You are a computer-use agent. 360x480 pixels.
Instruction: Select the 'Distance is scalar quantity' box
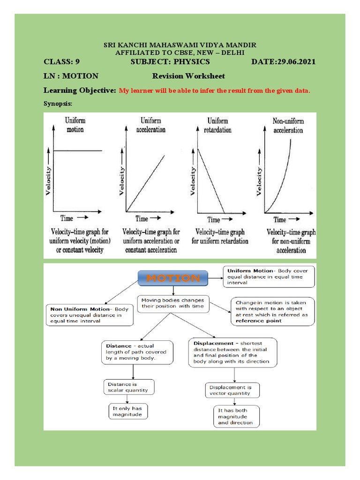(128, 387)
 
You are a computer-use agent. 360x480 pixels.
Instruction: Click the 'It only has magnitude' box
(127, 412)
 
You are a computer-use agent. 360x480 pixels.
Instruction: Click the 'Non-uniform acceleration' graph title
(288, 126)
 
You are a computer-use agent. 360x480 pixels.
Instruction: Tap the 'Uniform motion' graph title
(75, 125)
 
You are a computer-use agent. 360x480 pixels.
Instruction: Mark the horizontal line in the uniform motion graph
(77, 151)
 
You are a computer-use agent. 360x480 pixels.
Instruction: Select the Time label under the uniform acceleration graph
(142, 218)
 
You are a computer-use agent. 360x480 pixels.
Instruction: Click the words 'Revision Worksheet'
(188, 76)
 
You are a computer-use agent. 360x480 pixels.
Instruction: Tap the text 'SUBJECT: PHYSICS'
(170, 62)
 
